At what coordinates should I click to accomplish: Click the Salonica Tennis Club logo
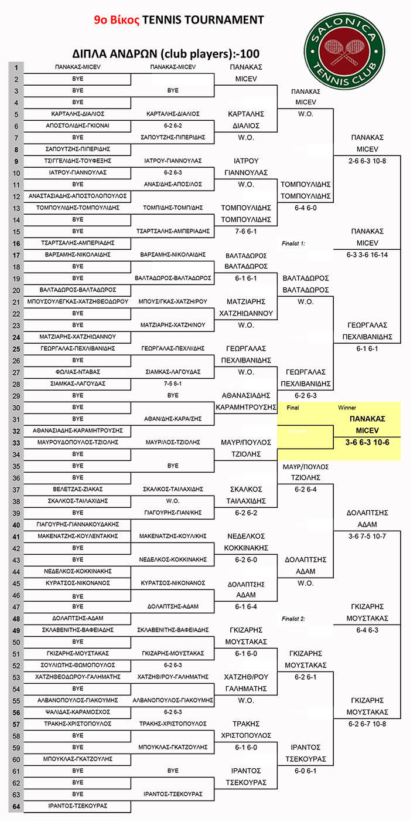[x=344, y=51]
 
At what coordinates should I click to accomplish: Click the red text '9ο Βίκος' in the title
[x=117, y=20]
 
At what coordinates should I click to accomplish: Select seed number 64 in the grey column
[x=16, y=806]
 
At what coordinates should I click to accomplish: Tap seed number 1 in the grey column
[x=16, y=67]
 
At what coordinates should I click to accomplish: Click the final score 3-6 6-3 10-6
[x=367, y=442]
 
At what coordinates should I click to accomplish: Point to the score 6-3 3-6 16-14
[x=367, y=255]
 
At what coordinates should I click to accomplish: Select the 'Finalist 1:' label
[x=293, y=243]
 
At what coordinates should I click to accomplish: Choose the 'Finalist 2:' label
[x=293, y=619]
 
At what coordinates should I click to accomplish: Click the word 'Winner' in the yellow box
[x=347, y=408]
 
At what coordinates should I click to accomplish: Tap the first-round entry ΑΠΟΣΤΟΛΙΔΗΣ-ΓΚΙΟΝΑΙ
[x=77, y=125]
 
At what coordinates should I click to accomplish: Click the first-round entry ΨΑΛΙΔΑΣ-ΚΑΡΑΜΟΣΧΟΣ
[x=77, y=712]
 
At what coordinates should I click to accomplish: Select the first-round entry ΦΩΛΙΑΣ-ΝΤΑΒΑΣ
[x=77, y=372]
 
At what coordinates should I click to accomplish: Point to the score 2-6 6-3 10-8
[x=367, y=161]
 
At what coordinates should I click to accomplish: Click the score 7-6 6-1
[x=246, y=231]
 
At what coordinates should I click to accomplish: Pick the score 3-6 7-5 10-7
[x=367, y=536]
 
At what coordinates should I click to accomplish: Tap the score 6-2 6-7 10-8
[x=367, y=724]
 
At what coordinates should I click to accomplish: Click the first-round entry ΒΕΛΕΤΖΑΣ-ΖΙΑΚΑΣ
[x=77, y=489]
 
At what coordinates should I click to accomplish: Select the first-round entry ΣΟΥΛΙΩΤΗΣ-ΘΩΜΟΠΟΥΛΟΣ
[x=77, y=665]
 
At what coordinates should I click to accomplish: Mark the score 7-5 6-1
[x=173, y=384]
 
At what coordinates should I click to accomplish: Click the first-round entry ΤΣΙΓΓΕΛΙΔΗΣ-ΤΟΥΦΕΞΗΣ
[x=77, y=161]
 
